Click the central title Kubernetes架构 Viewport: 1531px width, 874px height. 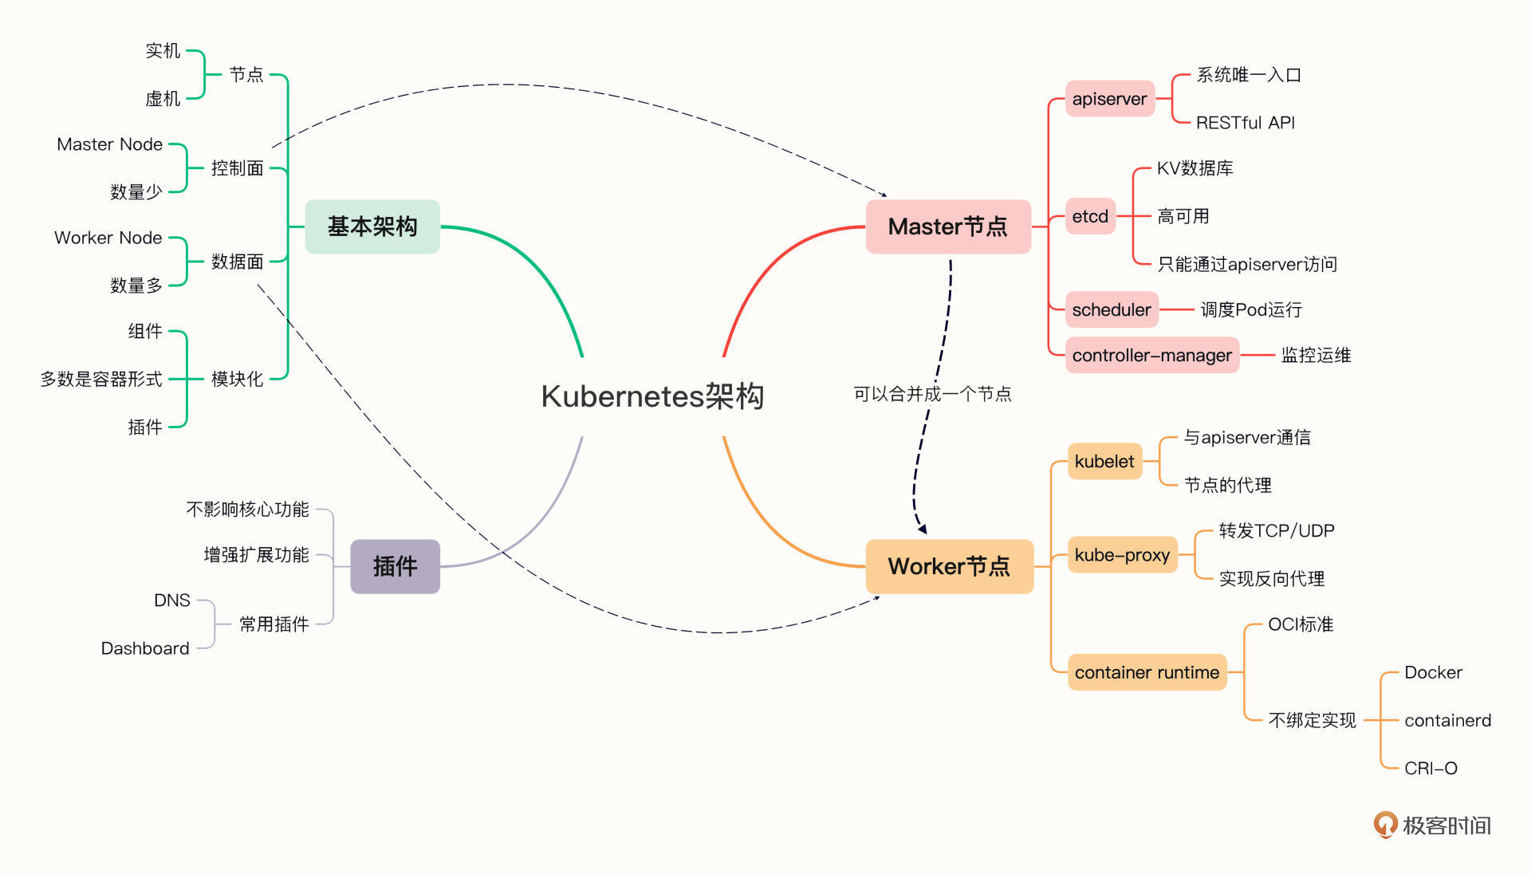[x=652, y=396]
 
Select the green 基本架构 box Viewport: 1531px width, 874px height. [x=372, y=226]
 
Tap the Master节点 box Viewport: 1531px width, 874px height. [x=948, y=226]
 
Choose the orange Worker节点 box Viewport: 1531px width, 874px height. [x=949, y=566]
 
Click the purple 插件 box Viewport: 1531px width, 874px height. [x=395, y=566]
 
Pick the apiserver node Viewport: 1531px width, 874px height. [x=1109, y=99]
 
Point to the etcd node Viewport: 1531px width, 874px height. [x=1090, y=216]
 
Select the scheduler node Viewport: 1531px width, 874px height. [x=1112, y=309]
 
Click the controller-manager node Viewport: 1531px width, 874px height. [x=1151, y=356]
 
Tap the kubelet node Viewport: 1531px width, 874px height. [x=1104, y=461]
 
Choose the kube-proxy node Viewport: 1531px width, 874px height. [x=1122, y=555]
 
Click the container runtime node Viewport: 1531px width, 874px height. [x=1147, y=672]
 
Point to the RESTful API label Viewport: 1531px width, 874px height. [x=1245, y=123]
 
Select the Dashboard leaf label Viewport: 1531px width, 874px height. [x=145, y=648]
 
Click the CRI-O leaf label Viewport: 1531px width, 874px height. [x=1431, y=768]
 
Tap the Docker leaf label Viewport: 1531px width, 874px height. [x=1433, y=672]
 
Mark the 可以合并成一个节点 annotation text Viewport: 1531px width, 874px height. [x=931, y=394]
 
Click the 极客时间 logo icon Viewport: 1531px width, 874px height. [x=1386, y=825]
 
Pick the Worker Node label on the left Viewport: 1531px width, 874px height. [x=108, y=238]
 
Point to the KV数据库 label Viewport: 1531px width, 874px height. [x=1194, y=168]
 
